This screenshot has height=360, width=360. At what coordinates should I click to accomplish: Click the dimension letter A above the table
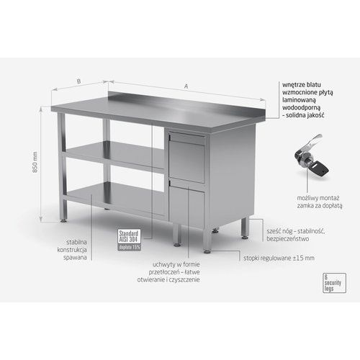(186, 87)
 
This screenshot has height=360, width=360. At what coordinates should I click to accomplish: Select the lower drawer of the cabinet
(186, 204)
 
